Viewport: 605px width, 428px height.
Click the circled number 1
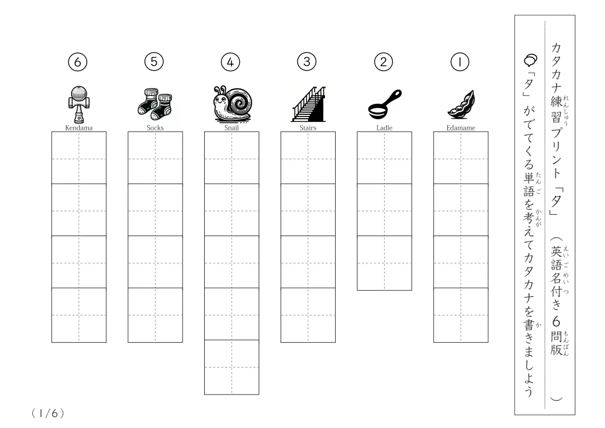[460, 62]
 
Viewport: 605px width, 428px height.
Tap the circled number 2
[384, 62]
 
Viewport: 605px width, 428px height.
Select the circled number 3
[307, 62]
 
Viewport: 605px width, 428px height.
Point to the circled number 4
[231, 62]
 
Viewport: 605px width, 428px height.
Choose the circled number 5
[154, 62]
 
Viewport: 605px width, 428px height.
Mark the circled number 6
[78, 62]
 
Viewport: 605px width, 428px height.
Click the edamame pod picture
[461, 104]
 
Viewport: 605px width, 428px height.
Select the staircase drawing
[308, 104]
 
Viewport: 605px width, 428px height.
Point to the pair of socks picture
[155, 104]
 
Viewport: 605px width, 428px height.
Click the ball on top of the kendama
[79, 94]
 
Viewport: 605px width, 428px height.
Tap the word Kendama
[79, 128]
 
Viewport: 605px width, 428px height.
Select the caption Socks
[155, 128]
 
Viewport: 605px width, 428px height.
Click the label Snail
[232, 128]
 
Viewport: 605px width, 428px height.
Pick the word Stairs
[308, 128]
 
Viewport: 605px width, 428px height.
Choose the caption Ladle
[384, 128]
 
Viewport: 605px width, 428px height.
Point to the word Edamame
[461, 128]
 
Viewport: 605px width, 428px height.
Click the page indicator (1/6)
[48, 413]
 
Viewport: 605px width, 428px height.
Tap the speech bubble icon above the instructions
[531, 60]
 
